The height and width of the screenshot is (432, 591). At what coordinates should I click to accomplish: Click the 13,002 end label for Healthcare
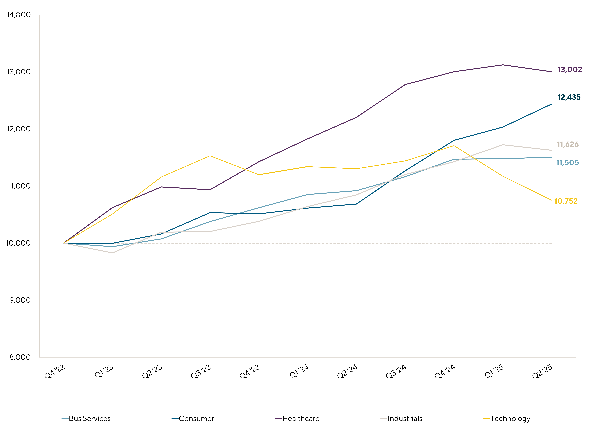570,70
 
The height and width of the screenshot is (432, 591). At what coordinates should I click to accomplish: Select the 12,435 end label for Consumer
569,97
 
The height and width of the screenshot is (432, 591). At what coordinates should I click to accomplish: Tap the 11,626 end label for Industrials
568,144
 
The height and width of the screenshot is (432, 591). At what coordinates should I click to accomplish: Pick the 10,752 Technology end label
566,201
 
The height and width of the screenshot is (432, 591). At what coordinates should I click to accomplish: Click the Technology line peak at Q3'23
210,156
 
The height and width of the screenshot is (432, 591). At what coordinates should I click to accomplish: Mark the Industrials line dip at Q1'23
112,253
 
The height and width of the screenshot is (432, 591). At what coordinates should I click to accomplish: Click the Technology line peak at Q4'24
454,146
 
